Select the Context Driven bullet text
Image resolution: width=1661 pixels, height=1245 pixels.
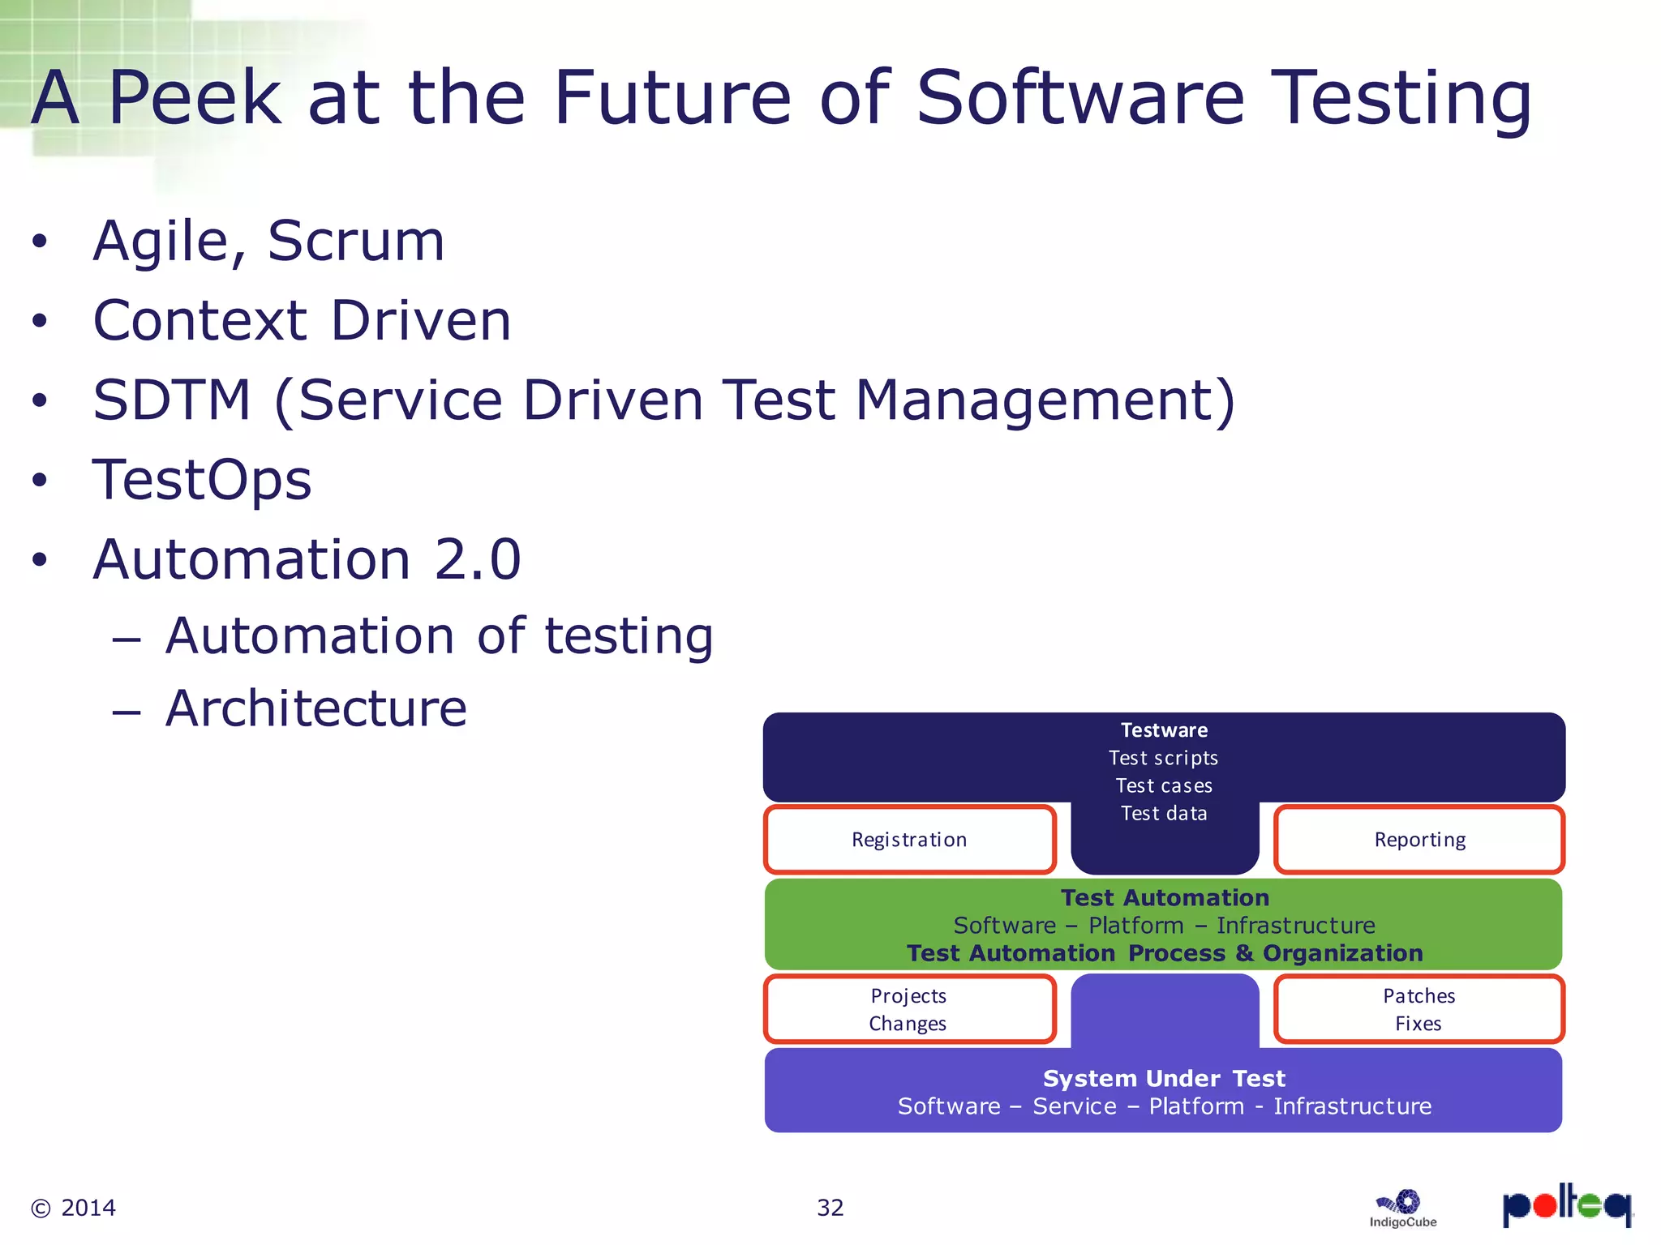(302, 321)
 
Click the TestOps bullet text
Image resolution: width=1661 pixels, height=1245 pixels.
(202, 480)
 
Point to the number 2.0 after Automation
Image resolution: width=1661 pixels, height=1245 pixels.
(477, 559)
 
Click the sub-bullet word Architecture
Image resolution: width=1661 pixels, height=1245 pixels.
(316, 708)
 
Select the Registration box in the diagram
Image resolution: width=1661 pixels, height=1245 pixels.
(909, 840)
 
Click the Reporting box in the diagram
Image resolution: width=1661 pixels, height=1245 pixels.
(1419, 840)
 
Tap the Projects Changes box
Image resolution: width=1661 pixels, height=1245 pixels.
(908, 1009)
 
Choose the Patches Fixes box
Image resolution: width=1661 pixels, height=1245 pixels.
(1419, 1009)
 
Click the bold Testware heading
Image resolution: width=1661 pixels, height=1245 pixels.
(1164, 730)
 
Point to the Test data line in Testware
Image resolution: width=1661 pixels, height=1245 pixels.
(1164, 813)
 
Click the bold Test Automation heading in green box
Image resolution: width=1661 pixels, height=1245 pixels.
(1165, 898)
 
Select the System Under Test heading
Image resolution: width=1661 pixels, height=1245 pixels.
(1164, 1079)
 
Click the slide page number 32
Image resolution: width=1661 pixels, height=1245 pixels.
(830, 1208)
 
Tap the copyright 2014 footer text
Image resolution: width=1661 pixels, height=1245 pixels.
(74, 1208)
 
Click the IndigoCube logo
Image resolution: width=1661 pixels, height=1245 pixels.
(1402, 1209)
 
